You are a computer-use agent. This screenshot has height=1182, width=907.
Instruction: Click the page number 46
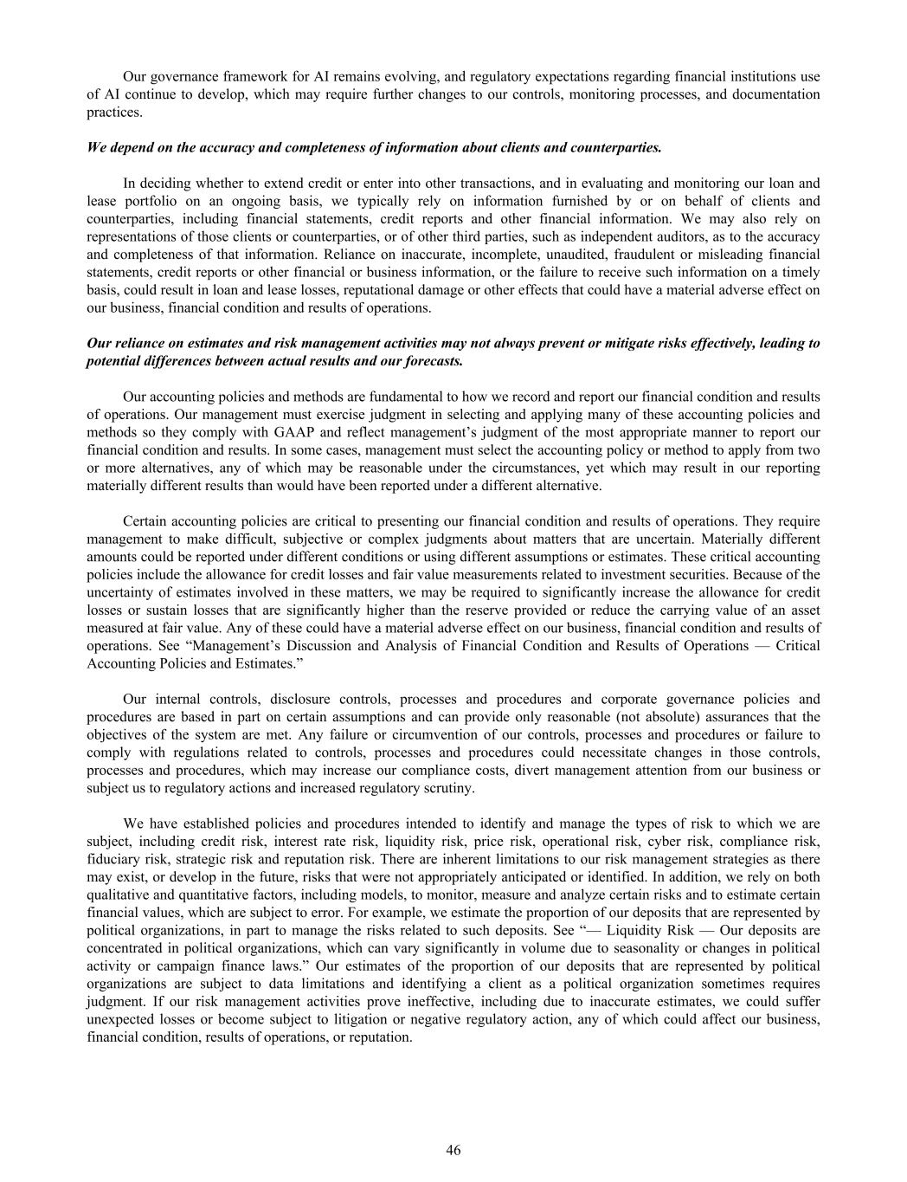click(453, 1150)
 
